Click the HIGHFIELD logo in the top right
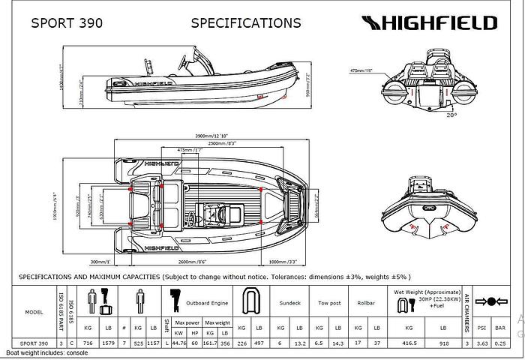point(430,22)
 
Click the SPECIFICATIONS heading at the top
point(246,23)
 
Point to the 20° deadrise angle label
point(451,115)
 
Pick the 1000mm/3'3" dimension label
point(283,262)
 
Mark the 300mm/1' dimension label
point(99,262)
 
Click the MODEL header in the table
point(34,312)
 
